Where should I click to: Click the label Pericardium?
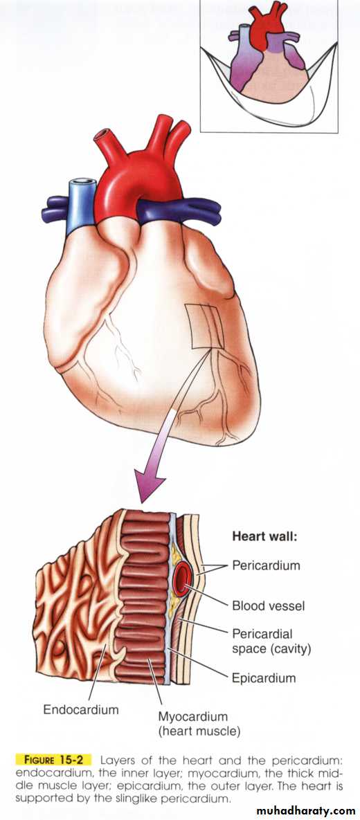[x=267, y=565]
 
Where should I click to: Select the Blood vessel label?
[x=269, y=606]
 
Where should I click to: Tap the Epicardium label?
[x=264, y=678]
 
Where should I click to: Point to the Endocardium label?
[x=80, y=710]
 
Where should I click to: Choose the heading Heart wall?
[x=264, y=536]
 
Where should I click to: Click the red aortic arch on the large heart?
[x=137, y=178]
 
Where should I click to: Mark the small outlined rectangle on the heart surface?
[x=205, y=326]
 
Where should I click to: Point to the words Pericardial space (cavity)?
[x=271, y=641]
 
